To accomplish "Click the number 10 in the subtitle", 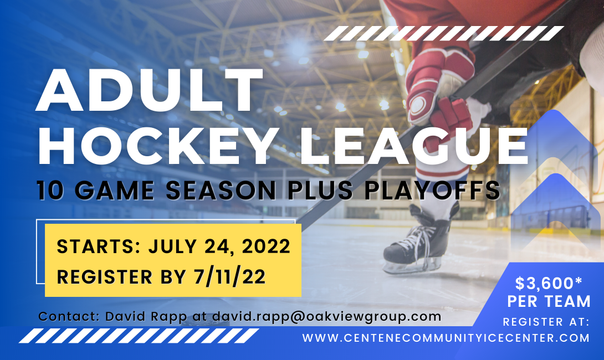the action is tap(50, 190).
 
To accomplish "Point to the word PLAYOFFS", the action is tap(432, 190).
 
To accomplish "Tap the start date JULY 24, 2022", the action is tap(219, 246).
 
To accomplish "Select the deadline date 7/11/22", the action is tap(230, 276).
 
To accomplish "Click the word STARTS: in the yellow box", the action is tap(99, 246).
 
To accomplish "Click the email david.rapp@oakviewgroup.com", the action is tap(326, 316).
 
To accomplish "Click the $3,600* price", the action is tap(549, 284).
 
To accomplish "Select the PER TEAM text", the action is tap(549, 301).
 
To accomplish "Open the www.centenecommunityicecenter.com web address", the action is tap(446, 338).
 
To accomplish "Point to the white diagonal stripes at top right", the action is tap(444, 33).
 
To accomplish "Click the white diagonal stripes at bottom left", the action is tap(139, 336).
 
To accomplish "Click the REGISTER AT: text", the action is tap(546, 322).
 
